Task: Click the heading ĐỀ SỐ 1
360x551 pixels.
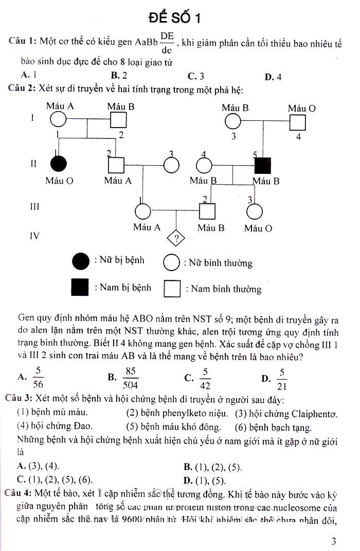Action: click(x=175, y=19)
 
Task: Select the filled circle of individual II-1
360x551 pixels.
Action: click(x=58, y=165)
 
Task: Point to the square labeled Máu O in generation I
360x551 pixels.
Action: click(x=297, y=122)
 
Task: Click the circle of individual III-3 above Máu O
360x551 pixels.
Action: click(x=254, y=211)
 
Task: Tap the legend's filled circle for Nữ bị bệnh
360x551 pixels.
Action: click(x=81, y=261)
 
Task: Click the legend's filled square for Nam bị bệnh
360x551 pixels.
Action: click(x=80, y=288)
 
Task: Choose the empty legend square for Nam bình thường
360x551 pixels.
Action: click(x=172, y=289)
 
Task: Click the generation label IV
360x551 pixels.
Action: click(x=34, y=236)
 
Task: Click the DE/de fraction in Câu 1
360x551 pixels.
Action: click(x=167, y=43)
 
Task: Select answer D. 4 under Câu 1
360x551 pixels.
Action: click(x=273, y=77)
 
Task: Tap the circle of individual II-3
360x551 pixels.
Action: click(x=171, y=165)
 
